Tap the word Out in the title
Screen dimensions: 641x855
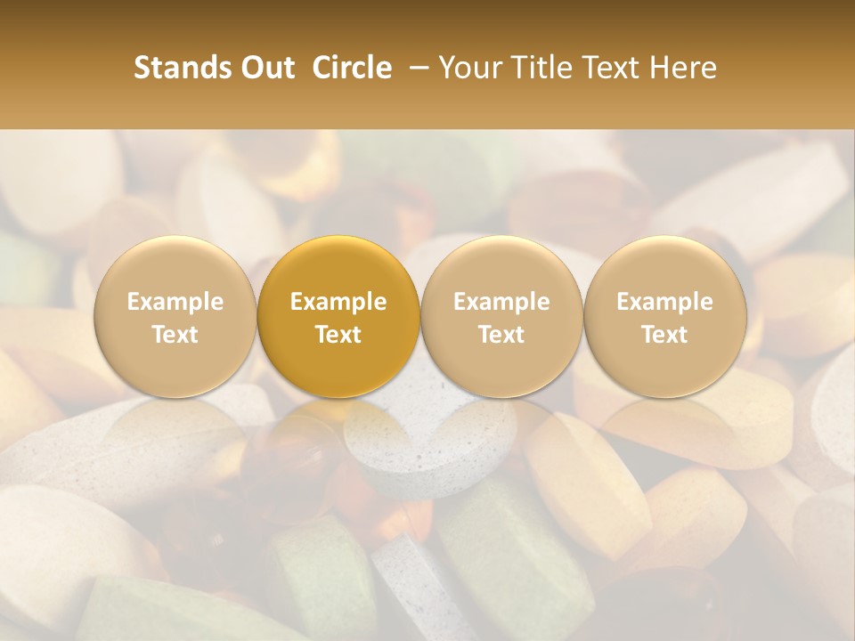(265, 68)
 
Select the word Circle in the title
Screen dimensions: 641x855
(352, 68)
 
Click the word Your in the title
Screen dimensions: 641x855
(468, 68)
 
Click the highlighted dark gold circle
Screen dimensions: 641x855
(338, 316)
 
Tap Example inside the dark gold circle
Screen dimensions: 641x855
(338, 302)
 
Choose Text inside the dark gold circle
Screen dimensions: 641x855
(338, 335)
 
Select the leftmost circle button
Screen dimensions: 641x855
(175, 316)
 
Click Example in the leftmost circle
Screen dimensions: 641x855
(175, 302)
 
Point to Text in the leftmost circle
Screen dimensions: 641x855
(175, 335)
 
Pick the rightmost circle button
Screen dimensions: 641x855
(665, 316)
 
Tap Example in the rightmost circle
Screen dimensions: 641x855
(665, 302)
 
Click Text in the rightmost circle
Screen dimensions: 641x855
(665, 335)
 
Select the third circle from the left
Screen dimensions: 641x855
(501, 316)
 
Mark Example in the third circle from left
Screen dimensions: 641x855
(501, 302)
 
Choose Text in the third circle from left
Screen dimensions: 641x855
(501, 335)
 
